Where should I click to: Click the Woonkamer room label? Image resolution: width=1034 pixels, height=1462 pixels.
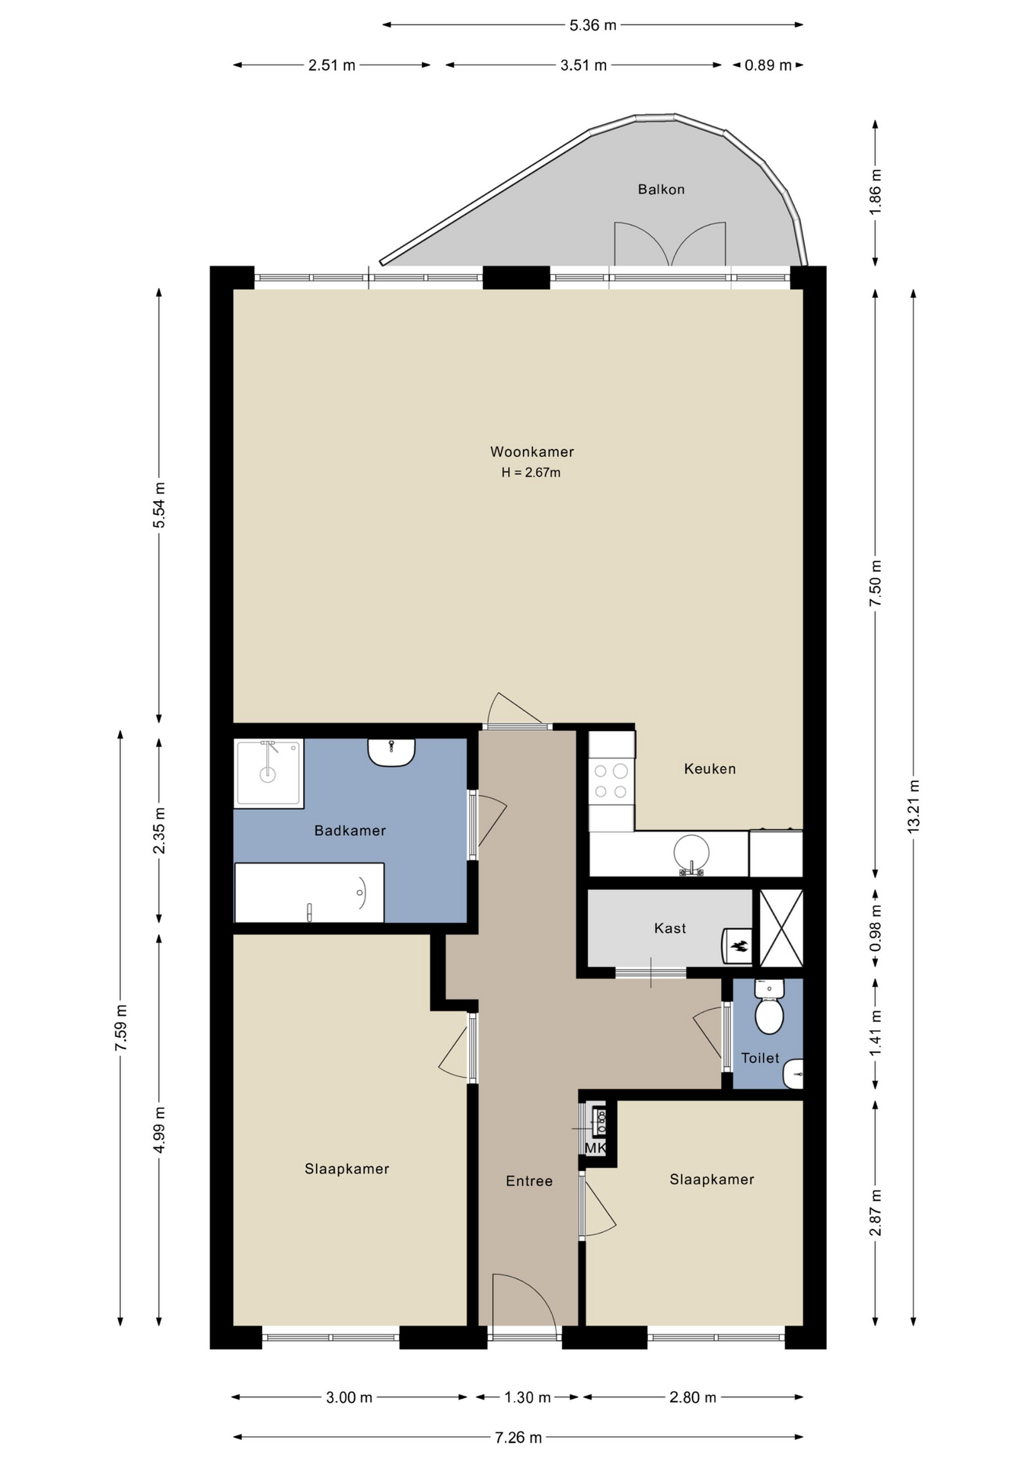pyautogui.click(x=531, y=452)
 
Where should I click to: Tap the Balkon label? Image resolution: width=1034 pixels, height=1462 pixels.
pyautogui.click(x=661, y=190)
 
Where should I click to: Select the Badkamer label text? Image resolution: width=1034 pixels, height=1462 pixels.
pyautogui.click(x=350, y=831)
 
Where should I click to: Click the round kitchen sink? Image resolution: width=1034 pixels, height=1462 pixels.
pyautogui.click(x=692, y=853)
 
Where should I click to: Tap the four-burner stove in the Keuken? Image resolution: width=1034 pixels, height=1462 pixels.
pyautogui.click(x=611, y=780)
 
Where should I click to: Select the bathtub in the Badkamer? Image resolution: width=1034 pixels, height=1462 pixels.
pyautogui.click(x=309, y=892)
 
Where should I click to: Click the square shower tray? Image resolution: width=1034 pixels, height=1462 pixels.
pyautogui.click(x=269, y=773)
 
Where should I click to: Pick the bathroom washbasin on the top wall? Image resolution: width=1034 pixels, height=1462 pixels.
pyautogui.click(x=391, y=752)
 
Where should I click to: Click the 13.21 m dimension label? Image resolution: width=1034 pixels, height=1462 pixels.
pyautogui.click(x=914, y=806)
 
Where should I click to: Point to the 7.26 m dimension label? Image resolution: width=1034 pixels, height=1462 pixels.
pyautogui.click(x=519, y=1438)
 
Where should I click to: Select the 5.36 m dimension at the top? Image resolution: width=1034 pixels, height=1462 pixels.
pyautogui.click(x=593, y=25)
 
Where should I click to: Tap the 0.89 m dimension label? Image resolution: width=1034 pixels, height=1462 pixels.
pyautogui.click(x=768, y=65)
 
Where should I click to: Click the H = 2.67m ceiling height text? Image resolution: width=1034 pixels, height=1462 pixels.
pyautogui.click(x=531, y=473)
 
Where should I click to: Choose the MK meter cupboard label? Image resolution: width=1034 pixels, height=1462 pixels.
pyautogui.click(x=595, y=1148)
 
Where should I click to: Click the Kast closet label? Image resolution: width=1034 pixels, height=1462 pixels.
pyautogui.click(x=670, y=928)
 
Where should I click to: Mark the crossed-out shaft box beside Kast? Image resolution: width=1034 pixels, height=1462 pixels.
pyautogui.click(x=781, y=928)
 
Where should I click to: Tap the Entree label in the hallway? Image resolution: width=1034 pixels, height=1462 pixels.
pyautogui.click(x=529, y=1181)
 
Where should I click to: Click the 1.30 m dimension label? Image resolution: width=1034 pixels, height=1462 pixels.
pyautogui.click(x=528, y=1397)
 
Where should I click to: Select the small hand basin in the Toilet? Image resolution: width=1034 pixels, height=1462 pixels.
pyautogui.click(x=793, y=1074)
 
